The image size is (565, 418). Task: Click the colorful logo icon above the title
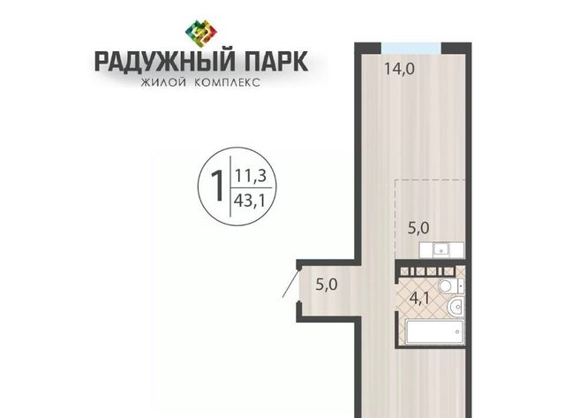200,34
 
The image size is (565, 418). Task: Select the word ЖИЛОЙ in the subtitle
163,82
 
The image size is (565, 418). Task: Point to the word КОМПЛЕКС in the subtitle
227,82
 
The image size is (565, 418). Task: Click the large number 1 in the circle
217,186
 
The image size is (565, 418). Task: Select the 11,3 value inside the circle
251,176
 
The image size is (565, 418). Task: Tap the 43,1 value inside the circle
250,201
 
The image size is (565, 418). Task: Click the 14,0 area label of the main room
400,68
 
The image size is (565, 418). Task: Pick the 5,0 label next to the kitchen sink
418,228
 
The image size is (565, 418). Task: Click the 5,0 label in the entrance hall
327,285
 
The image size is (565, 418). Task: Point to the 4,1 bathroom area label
420,299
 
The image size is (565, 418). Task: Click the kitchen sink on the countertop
441,249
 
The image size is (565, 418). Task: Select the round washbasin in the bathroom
456,308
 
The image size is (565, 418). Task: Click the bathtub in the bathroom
434,331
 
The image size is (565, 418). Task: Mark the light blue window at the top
411,48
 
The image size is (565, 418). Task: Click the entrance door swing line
290,284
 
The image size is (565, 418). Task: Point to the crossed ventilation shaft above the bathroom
428,271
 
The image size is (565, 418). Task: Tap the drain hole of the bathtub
457,331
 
